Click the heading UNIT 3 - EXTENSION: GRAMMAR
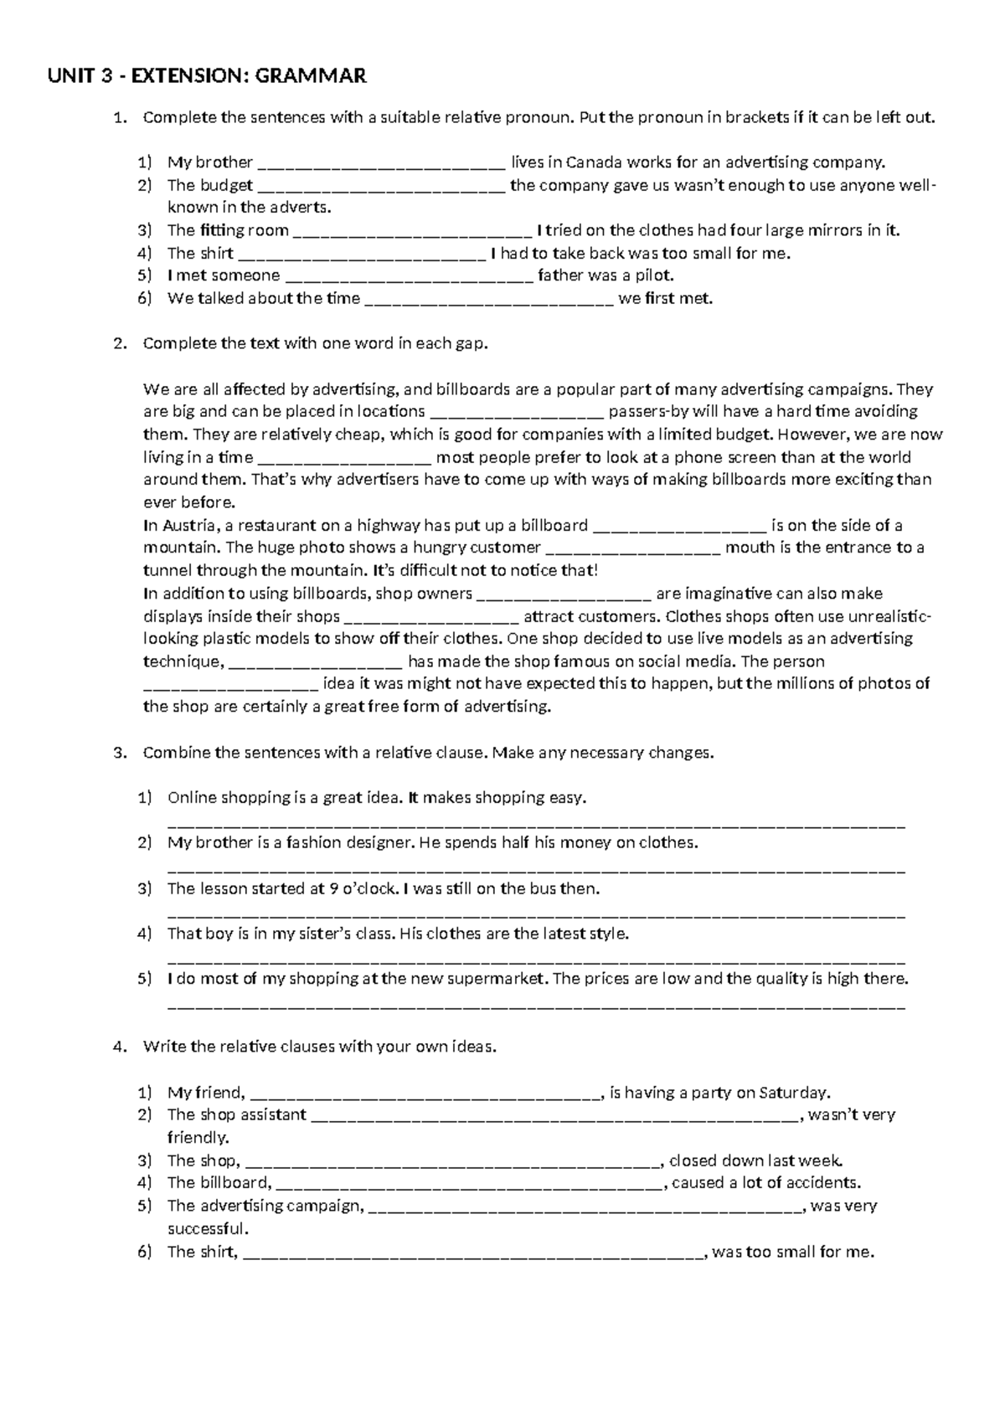click(207, 77)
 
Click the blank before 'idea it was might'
click(230, 685)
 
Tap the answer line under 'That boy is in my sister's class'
click(536, 960)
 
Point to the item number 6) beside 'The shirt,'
click(145, 1253)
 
